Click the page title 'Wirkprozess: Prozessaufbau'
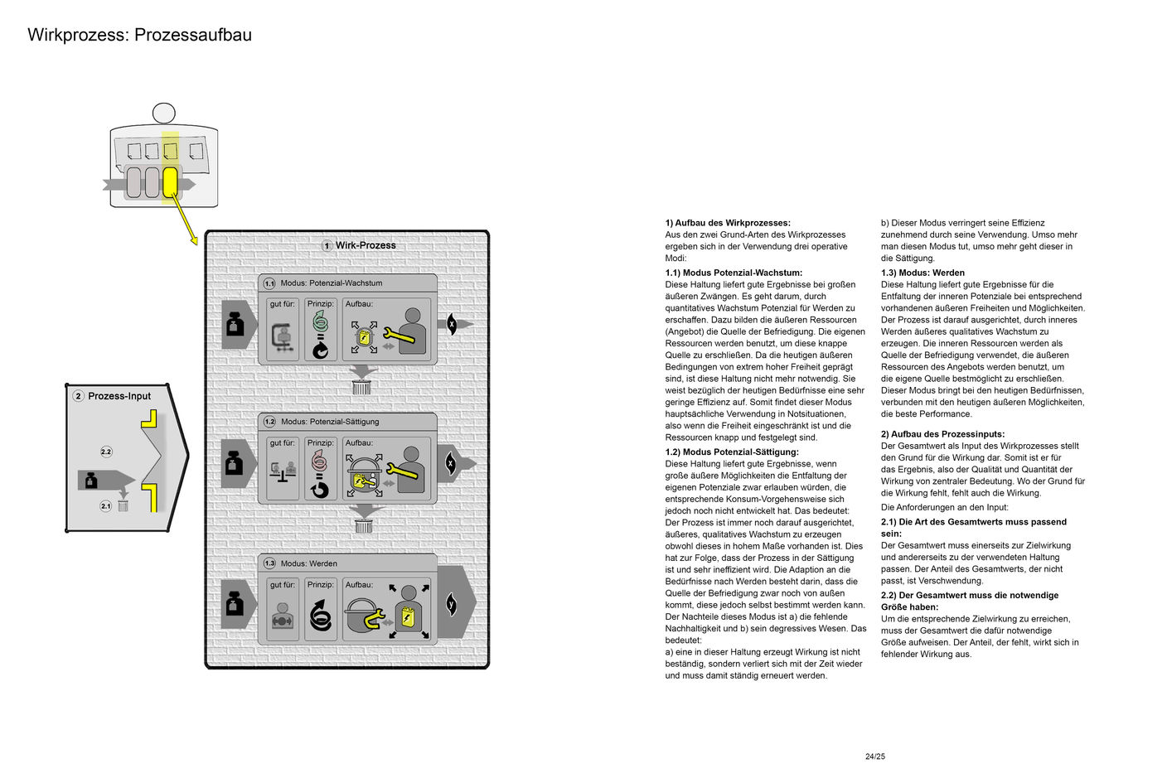[139, 35]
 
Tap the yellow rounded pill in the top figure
[170, 182]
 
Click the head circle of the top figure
[164, 113]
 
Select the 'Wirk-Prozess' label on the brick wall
[366, 245]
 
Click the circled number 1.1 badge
[269, 283]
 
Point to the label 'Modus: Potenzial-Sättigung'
[330, 422]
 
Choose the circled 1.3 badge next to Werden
[269, 563]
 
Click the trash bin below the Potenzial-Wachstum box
[361, 387]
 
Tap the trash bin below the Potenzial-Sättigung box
[363, 526]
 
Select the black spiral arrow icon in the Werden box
[320, 616]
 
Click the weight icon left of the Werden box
[235, 604]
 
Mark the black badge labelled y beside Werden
[452, 603]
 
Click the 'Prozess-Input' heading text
[119, 396]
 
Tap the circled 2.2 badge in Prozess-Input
[106, 452]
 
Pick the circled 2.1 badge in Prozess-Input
[105, 505]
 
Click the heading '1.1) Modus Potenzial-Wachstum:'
[734, 273]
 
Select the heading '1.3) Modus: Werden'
[922, 273]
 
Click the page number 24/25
[874, 756]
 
